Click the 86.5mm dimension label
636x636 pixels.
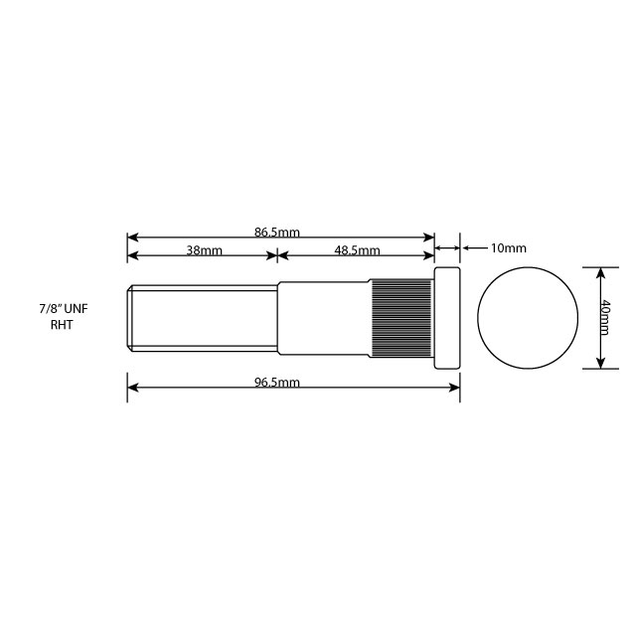pyautogui.click(x=277, y=233)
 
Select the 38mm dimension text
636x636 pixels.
pyautogui.click(x=205, y=250)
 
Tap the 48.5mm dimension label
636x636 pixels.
pyautogui.click(x=358, y=250)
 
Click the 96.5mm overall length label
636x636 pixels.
pyautogui.click(x=277, y=383)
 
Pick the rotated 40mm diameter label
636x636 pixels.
pyautogui.click(x=606, y=317)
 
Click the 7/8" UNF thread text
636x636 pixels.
pyautogui.click(x=63, y=310)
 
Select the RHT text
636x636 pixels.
pyautogui.click(x=62, y=325)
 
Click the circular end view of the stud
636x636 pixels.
pyautogui.click(x=528, y=318)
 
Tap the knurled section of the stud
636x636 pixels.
pyautogui.click(x=401, y=318)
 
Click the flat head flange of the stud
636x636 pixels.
pyautogui.click(x=447, y=318)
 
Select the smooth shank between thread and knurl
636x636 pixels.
pyautogui.click(x=324, y=318)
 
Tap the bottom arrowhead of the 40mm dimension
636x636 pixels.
pyautogui.click(x=599, y=363)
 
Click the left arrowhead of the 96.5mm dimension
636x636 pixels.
pyautogui.click(x=132, y=388)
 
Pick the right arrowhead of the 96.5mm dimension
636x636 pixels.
pyautogui.click(x=455, y=388)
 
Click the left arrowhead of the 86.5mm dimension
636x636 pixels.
pyautogui.click(x=132, y=238)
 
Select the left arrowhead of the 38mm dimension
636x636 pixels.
pyautogui.click(x=132, y=255)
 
